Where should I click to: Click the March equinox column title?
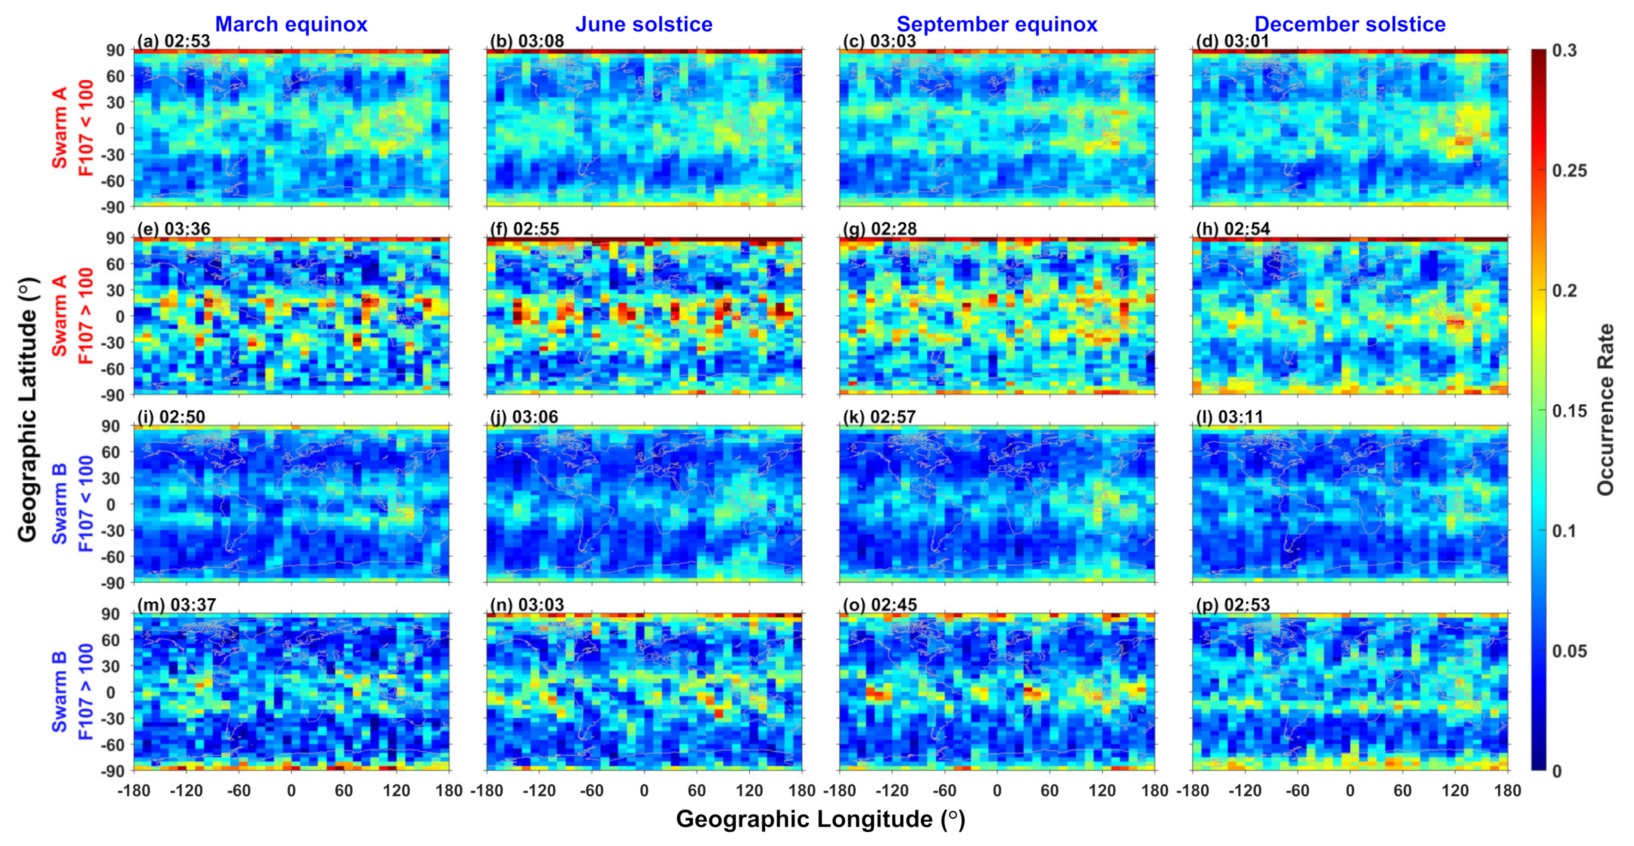click(x=291, y=24)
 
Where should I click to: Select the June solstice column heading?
click(x=644, y=24)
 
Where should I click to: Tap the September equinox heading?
click(x=997, y=24)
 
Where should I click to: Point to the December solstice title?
click(x=1350, y=24)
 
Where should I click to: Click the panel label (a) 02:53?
click(x=173, y=41)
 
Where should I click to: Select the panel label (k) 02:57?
click(x=879, y=417)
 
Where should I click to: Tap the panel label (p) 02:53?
click(x=1232, y=604)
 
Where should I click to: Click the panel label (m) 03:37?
click(x=176, y=604)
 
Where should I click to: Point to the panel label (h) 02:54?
click(x=1232, y=229)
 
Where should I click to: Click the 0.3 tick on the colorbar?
click(x=1564, y=51)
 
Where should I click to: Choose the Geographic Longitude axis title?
click(x=820, y=819)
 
